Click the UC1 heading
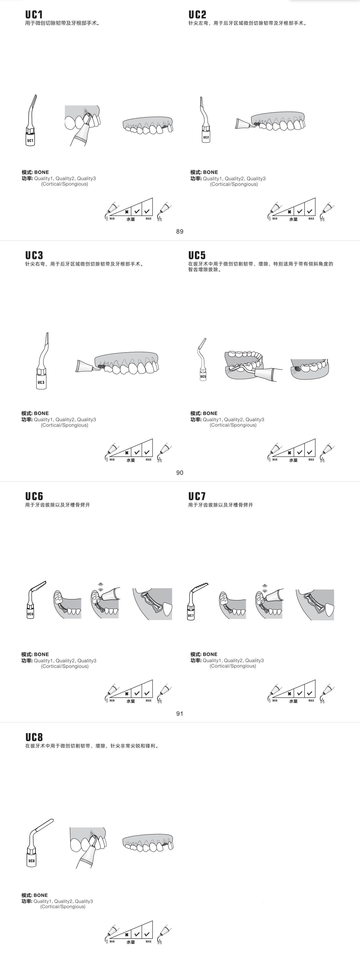click(34, 15)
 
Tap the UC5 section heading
click(197, 255)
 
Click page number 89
click(180, 231)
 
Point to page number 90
click(180, 473)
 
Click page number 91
click(180, 713)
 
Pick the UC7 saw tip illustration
click(196, 601)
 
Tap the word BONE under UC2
click(211, 172)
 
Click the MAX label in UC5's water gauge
click(311, 459)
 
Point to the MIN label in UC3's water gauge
click(112, 459)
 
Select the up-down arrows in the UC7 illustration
click(264, 588)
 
